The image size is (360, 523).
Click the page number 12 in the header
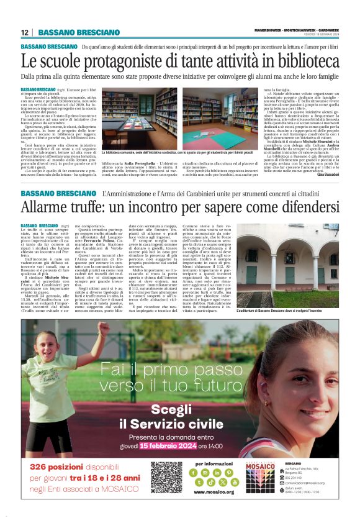coord(25,32)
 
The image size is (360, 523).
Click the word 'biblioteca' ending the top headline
coord(304,61)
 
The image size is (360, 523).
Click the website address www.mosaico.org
coord(214,492)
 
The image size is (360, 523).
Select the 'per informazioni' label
coord(214,463)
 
